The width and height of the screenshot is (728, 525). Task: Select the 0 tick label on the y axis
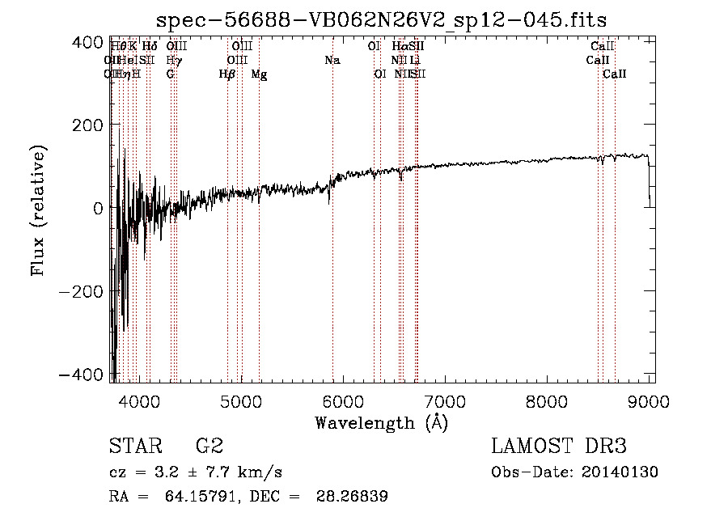[x=97, y=208]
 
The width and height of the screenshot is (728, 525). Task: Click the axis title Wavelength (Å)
[x=381, y=422]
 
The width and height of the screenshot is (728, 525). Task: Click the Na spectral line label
[x=332, y=60]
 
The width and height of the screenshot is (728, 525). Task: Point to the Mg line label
[x=259, y=74]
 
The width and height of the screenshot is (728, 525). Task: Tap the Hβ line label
[x=227, y=74]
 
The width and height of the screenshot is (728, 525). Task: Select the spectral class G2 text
[x=209, y=447]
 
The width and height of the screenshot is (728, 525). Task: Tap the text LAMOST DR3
[x=559, y=447]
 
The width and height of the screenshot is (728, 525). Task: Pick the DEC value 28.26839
[x=356, y=497]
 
